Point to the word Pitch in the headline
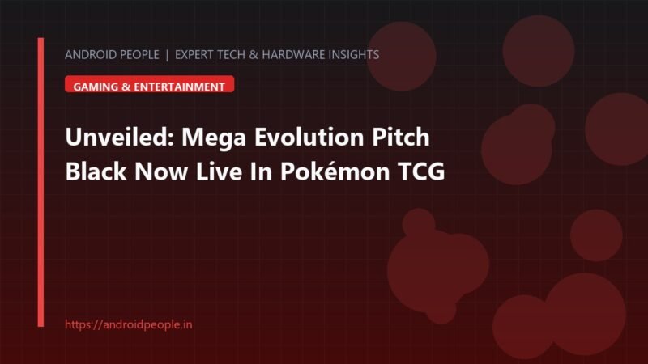pyautogui.click(x=401, y=137)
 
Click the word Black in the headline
pyautogui.click(x=96, y=171)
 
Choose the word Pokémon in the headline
pyautogui.click(x=335, y=171)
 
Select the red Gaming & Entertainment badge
pyautogui.click(x=150, y=84)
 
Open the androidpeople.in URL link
pyautogui.click(x=129, y=324)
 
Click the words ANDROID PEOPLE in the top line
pyautogui.click(x=112, y=54)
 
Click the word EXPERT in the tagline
pyautogui.click(x=194, y=54)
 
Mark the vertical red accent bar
pyautogui.click(x=40, y=183)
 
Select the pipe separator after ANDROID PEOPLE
pyautogui.click(x=167, y=55)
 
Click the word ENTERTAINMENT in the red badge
pyautogui.click(x=179, y=87)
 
